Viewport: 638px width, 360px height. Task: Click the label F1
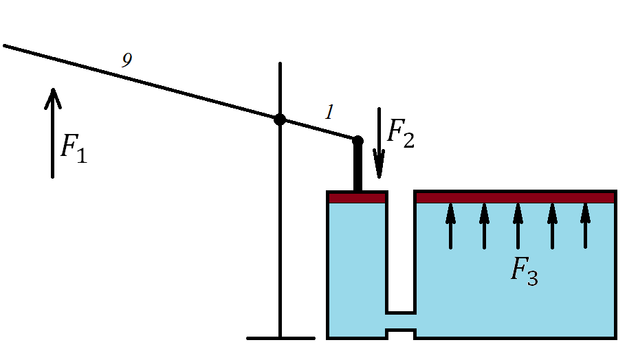coord(74,149)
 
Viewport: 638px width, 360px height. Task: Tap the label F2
coord(401,133)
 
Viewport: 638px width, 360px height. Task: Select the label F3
coord(524,271)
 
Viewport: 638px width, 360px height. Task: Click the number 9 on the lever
coord(126,60)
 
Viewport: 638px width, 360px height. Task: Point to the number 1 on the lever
coord(329,113)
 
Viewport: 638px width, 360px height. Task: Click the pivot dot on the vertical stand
coord(280,120)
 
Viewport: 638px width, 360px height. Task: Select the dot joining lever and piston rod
coord(357,141)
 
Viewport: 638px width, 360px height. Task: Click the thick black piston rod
coord(357,168)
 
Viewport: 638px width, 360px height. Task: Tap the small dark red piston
coord(357,198)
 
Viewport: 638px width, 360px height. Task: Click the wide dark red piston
coord(514,198)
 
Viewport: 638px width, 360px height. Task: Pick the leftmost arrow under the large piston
coord(450,225)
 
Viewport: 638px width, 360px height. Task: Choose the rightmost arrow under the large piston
coord(585,225)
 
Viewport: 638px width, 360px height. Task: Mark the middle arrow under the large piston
coord(518,225)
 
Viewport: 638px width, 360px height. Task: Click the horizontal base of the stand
coord(280,338)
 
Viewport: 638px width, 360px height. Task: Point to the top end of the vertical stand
coord(280,65)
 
